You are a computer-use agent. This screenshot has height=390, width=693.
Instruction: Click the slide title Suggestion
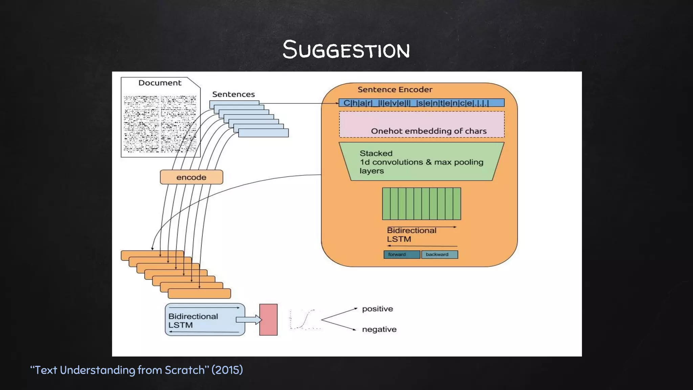[346, 50]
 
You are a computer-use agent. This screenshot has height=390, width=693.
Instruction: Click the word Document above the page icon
[160, 83]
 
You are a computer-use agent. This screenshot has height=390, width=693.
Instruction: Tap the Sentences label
[233, 94]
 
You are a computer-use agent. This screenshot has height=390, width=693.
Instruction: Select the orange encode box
[191, 177]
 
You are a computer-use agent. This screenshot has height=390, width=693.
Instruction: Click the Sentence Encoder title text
[395, 90]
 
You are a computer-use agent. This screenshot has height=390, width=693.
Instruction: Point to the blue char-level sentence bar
[421, 103]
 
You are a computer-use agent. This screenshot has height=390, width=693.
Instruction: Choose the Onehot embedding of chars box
[422, 125]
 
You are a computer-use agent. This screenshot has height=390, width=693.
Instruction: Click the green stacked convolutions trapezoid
[421, 161]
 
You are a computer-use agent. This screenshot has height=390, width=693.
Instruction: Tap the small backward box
[440, 255]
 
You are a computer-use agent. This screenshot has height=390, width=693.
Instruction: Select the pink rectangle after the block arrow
[268, 320]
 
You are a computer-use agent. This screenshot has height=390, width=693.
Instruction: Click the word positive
[377, 309]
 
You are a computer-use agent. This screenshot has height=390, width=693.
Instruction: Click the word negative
[379, 329]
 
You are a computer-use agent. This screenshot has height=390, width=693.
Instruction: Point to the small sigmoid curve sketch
[305, 319]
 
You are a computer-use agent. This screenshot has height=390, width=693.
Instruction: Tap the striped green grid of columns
[421, 204]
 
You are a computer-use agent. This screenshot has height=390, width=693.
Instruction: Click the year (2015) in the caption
[227, 370]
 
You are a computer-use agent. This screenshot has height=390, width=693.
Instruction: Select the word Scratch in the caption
[185, 370]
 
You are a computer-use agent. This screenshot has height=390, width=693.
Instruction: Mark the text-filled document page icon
[160, 124]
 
